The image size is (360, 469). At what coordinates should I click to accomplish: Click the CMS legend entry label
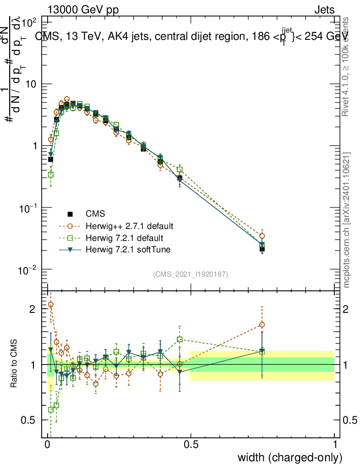click(95, 213)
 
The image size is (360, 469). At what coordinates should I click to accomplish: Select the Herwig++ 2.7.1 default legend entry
click(129, 226)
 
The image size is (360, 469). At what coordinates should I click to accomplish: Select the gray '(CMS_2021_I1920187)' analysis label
click(191, 274)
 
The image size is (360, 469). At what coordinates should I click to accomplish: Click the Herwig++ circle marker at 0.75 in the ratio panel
click(262, 325)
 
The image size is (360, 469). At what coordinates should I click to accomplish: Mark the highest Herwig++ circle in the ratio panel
click(51, 305)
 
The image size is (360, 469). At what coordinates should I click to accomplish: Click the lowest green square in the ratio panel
click(51, 410)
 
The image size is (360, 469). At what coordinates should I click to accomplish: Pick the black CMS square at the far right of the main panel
click(262, 249)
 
